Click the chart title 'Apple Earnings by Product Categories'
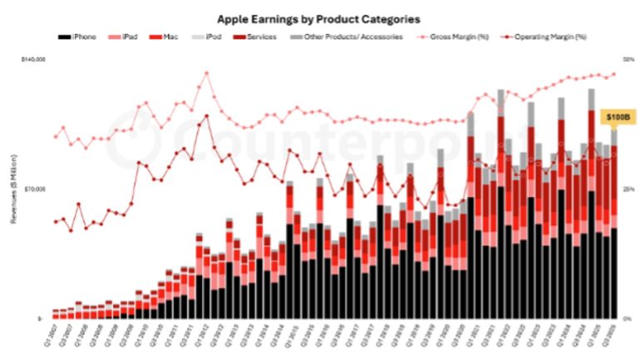click(x=318, y=17)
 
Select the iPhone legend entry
click(x=80, y=37)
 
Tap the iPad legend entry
click(x=130, y=37)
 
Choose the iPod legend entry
click(x=211, y=37)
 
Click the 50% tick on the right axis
click(x=629, y=60)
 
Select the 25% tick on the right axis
click(x=629, y=189)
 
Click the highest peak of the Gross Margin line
click(x=206, y=72)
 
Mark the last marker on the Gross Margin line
click(x=614, y=74)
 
